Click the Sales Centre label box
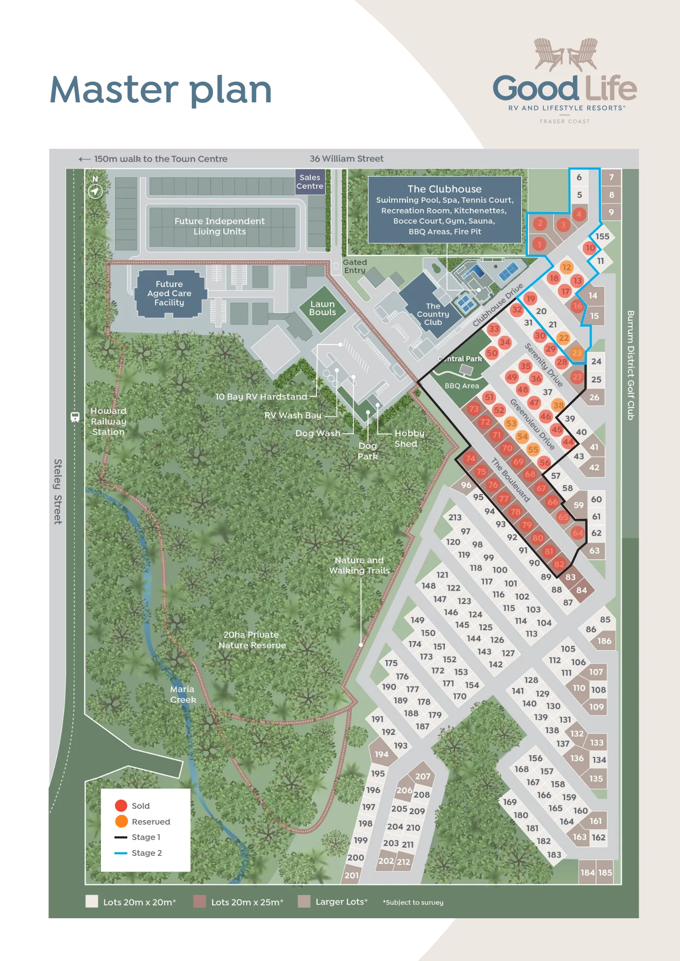point(310,182)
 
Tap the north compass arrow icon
point(95,191)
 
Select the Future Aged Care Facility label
point(169,293)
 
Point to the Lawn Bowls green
point(322,308)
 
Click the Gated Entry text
point(355,266)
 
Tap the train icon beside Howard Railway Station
point(75,417)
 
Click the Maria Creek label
point(183,694)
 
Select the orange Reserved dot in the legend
point(121,821)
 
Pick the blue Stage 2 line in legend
point(121,853)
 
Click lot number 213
point(455,517)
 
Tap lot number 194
point(381,754)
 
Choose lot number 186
point(604,641)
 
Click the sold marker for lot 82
point(559,564)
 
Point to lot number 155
point(602,236)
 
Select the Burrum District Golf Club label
point(630,365)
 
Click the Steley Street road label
point(58,491)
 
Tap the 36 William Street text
point(346,159)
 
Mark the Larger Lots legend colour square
point(304,901)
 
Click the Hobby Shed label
point(409,438)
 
